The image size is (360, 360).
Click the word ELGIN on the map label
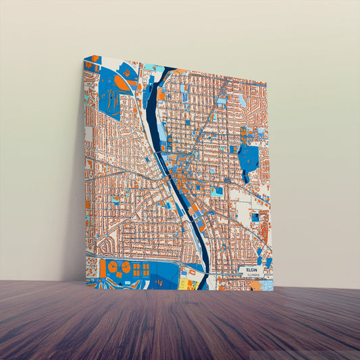(253, 269)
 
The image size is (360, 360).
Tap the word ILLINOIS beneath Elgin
(253, 276)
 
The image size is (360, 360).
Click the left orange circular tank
(113, 267)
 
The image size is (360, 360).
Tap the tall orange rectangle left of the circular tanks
(103, 268)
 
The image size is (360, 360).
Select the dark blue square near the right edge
(255, 217)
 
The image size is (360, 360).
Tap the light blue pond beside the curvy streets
(242, 100)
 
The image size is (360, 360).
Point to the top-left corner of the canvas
(85, 57)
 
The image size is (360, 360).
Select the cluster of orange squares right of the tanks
(141, 269)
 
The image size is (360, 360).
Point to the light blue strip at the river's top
(155, 68)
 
